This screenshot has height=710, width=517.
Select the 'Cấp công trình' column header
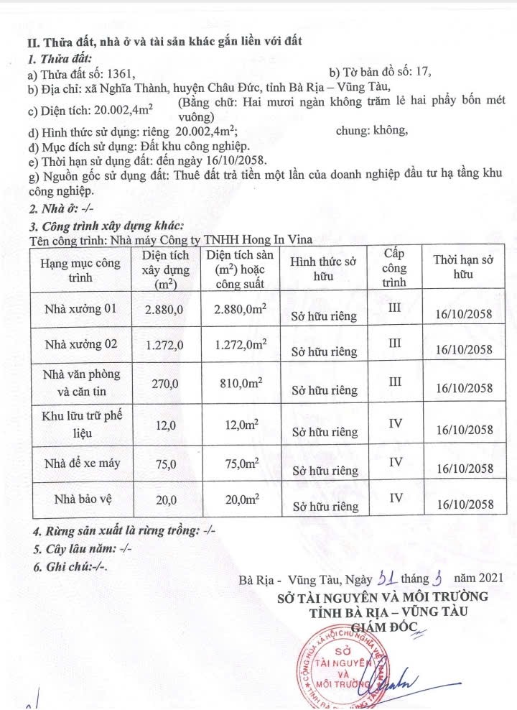(x=394, y=268)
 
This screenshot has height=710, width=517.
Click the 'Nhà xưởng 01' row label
(x=80, y=309)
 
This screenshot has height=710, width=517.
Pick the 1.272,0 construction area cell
(x=164, y=346)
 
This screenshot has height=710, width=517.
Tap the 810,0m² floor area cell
(x=241, y=384)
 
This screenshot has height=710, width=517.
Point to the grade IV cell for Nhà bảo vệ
(x=394, y=497)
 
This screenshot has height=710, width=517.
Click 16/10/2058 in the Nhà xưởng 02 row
(x=464, y=350)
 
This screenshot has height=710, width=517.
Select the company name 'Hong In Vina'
(x=279, y=240)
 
